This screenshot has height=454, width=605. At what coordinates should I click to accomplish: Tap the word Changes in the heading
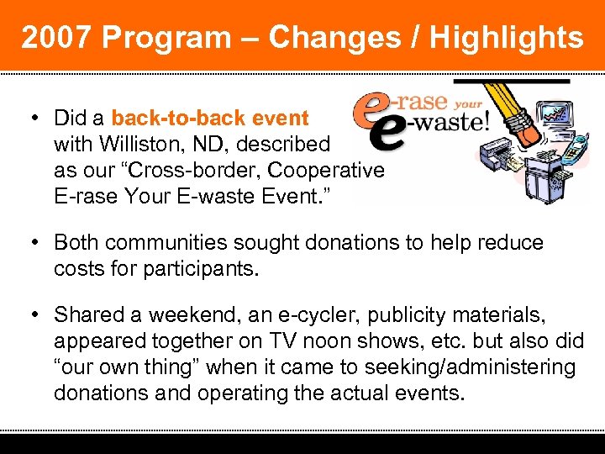point(335,38)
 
